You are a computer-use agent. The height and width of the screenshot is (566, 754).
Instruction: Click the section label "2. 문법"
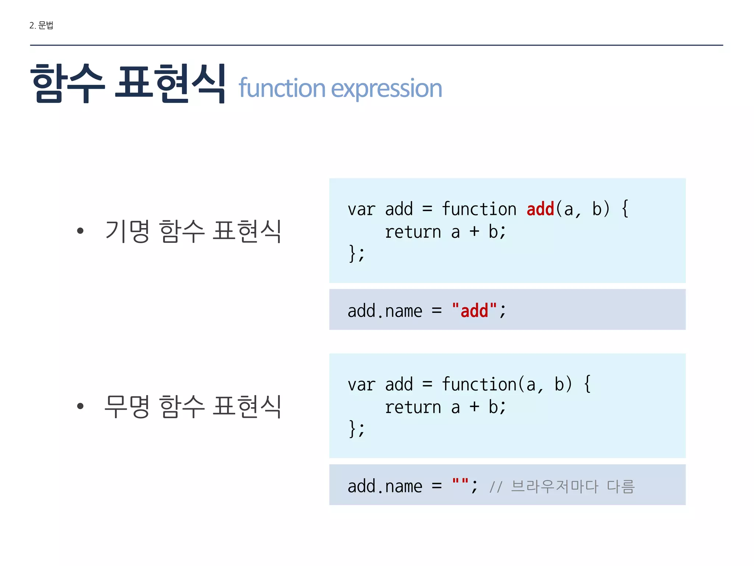(41, 25)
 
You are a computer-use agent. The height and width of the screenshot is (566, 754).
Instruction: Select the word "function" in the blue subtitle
(282, 88)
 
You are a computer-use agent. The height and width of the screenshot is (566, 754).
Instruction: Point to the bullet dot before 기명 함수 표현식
(80, 231)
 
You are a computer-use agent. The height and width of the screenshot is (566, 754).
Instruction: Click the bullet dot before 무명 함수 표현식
(80, 406)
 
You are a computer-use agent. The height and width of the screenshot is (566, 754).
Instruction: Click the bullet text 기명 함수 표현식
(193, 231)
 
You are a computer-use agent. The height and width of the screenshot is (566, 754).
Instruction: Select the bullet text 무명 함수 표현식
(193, 406)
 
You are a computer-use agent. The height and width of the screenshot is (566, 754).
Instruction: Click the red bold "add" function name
(540, 209)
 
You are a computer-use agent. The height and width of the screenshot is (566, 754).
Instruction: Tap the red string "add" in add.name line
(474, 311)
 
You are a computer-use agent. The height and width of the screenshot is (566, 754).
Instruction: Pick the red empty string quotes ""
(460, 483)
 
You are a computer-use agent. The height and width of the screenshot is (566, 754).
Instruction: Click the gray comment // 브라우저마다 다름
(562, 486)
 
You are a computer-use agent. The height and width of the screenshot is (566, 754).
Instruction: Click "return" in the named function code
(413, 232)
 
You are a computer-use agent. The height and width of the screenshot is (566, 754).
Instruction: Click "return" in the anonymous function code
(413, 408)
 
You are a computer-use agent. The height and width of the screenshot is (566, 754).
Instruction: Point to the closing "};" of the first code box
(356, 254)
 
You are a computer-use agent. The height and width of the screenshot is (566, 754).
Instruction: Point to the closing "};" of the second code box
(356, 429)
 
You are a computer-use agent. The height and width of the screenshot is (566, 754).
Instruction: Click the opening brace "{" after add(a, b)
(625, 209)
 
